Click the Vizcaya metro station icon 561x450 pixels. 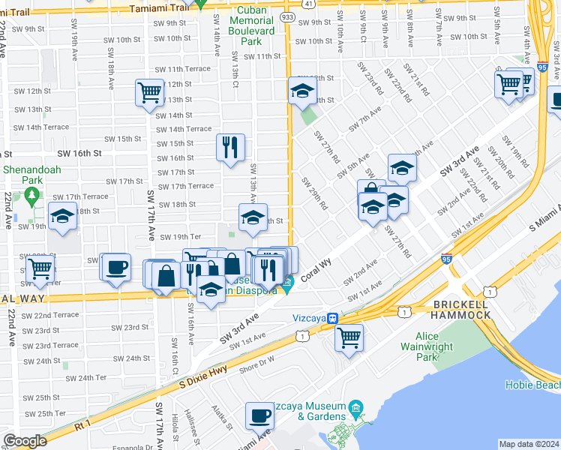pos(331,318)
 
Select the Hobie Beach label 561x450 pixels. pos(537,385)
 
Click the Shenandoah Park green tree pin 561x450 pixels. pos(31,196)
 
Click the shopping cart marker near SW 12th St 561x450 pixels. pos(149,92)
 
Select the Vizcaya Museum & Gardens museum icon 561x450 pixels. pos(355,409)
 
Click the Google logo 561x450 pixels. pos(25,441)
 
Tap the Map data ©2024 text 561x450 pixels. pos(528,444)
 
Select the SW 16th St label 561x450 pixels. pos(82,153)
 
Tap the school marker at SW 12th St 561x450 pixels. pos(302,90)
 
